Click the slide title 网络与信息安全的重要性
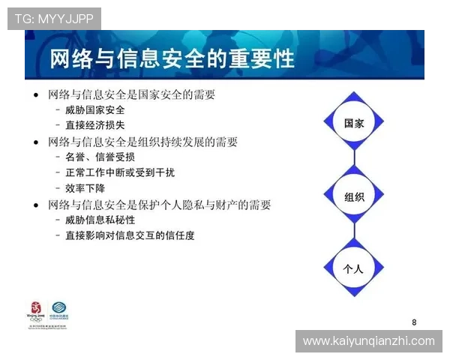(x=172, y=60)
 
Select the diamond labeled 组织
(x=353, y=197)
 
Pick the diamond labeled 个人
(x=353, y=268)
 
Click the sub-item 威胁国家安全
(x=95, y=109)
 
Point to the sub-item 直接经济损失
(x=95, y=124)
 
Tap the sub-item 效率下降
(x=85, y=188)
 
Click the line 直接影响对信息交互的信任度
(x=130, y=235)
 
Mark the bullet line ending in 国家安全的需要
(x=131, y=94)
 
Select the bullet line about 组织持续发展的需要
(x=142, y=141)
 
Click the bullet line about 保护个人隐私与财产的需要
(x=159, y=204)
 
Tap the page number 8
(x=414, y=322)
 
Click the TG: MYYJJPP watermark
(x=54, y=19)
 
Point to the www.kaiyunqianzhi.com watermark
(x=368, y=341)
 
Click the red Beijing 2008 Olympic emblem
(x=35, y=313)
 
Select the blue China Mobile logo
(x=58, y=311)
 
